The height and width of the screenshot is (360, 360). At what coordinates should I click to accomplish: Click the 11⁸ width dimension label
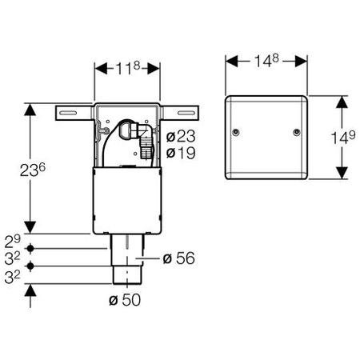coord(128,68)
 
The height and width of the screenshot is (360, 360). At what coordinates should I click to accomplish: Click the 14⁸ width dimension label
coord(266,60)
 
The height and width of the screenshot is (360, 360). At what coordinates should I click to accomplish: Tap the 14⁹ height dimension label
coord(343,137)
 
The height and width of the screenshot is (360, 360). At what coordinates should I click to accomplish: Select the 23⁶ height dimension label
coord(33,170)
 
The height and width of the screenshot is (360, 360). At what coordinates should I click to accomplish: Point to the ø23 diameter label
coord(181,136)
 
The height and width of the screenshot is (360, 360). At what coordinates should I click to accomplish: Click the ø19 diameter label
coord(181,153)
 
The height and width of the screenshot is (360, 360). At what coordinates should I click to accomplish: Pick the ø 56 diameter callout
coord(178,258)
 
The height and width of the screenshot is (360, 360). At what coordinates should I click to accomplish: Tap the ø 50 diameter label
coord(125,300)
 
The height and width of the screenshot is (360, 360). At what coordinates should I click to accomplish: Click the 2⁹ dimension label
coord(13,242)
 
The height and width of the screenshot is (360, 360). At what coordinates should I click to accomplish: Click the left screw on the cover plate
coord(236,132)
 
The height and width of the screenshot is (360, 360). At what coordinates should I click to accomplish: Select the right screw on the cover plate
coord(296,132)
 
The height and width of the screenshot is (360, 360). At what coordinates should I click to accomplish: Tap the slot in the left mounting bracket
coord(68,113)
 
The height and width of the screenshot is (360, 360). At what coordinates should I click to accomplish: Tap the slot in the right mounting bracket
coord(186,113)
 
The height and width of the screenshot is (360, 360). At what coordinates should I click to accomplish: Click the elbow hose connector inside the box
coord(136,138)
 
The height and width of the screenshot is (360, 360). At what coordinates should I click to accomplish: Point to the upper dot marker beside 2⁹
coord(30,249)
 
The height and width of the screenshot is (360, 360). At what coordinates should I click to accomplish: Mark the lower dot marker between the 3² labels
coord(30,266)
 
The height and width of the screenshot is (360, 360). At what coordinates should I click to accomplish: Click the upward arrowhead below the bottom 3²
coord(30,290)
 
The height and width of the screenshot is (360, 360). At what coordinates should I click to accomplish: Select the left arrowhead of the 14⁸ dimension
coord(231,62)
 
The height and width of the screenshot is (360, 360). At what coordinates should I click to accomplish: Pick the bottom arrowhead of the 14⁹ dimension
coord(342,173)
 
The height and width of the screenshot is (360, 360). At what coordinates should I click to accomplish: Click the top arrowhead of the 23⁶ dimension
coord(30,110)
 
